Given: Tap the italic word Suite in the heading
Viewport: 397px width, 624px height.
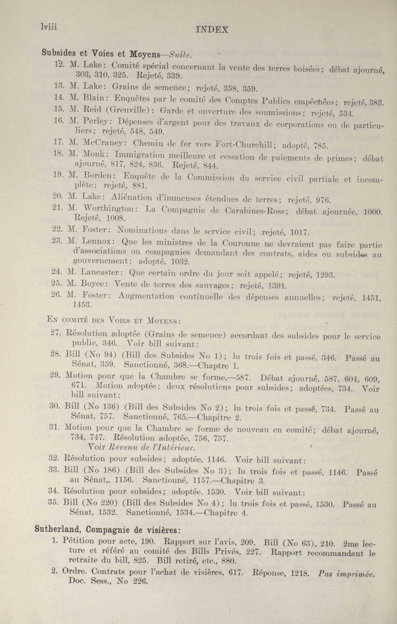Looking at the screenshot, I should point(180,55).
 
